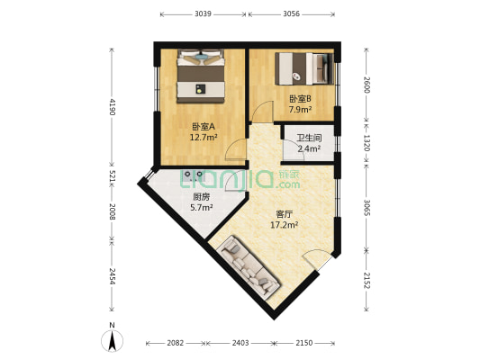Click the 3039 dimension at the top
click(203, 14)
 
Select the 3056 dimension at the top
click(292, 14)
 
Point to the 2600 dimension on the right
click(366, 85)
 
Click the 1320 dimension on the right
click(366, 141)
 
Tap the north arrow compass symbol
click(111, 338)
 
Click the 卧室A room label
click(203, 127)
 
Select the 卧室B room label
click(300, 99)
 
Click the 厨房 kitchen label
click(201, 197)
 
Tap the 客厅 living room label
click(285, 214)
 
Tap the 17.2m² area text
click(285, 225)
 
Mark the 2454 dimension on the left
click(112, 274)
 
